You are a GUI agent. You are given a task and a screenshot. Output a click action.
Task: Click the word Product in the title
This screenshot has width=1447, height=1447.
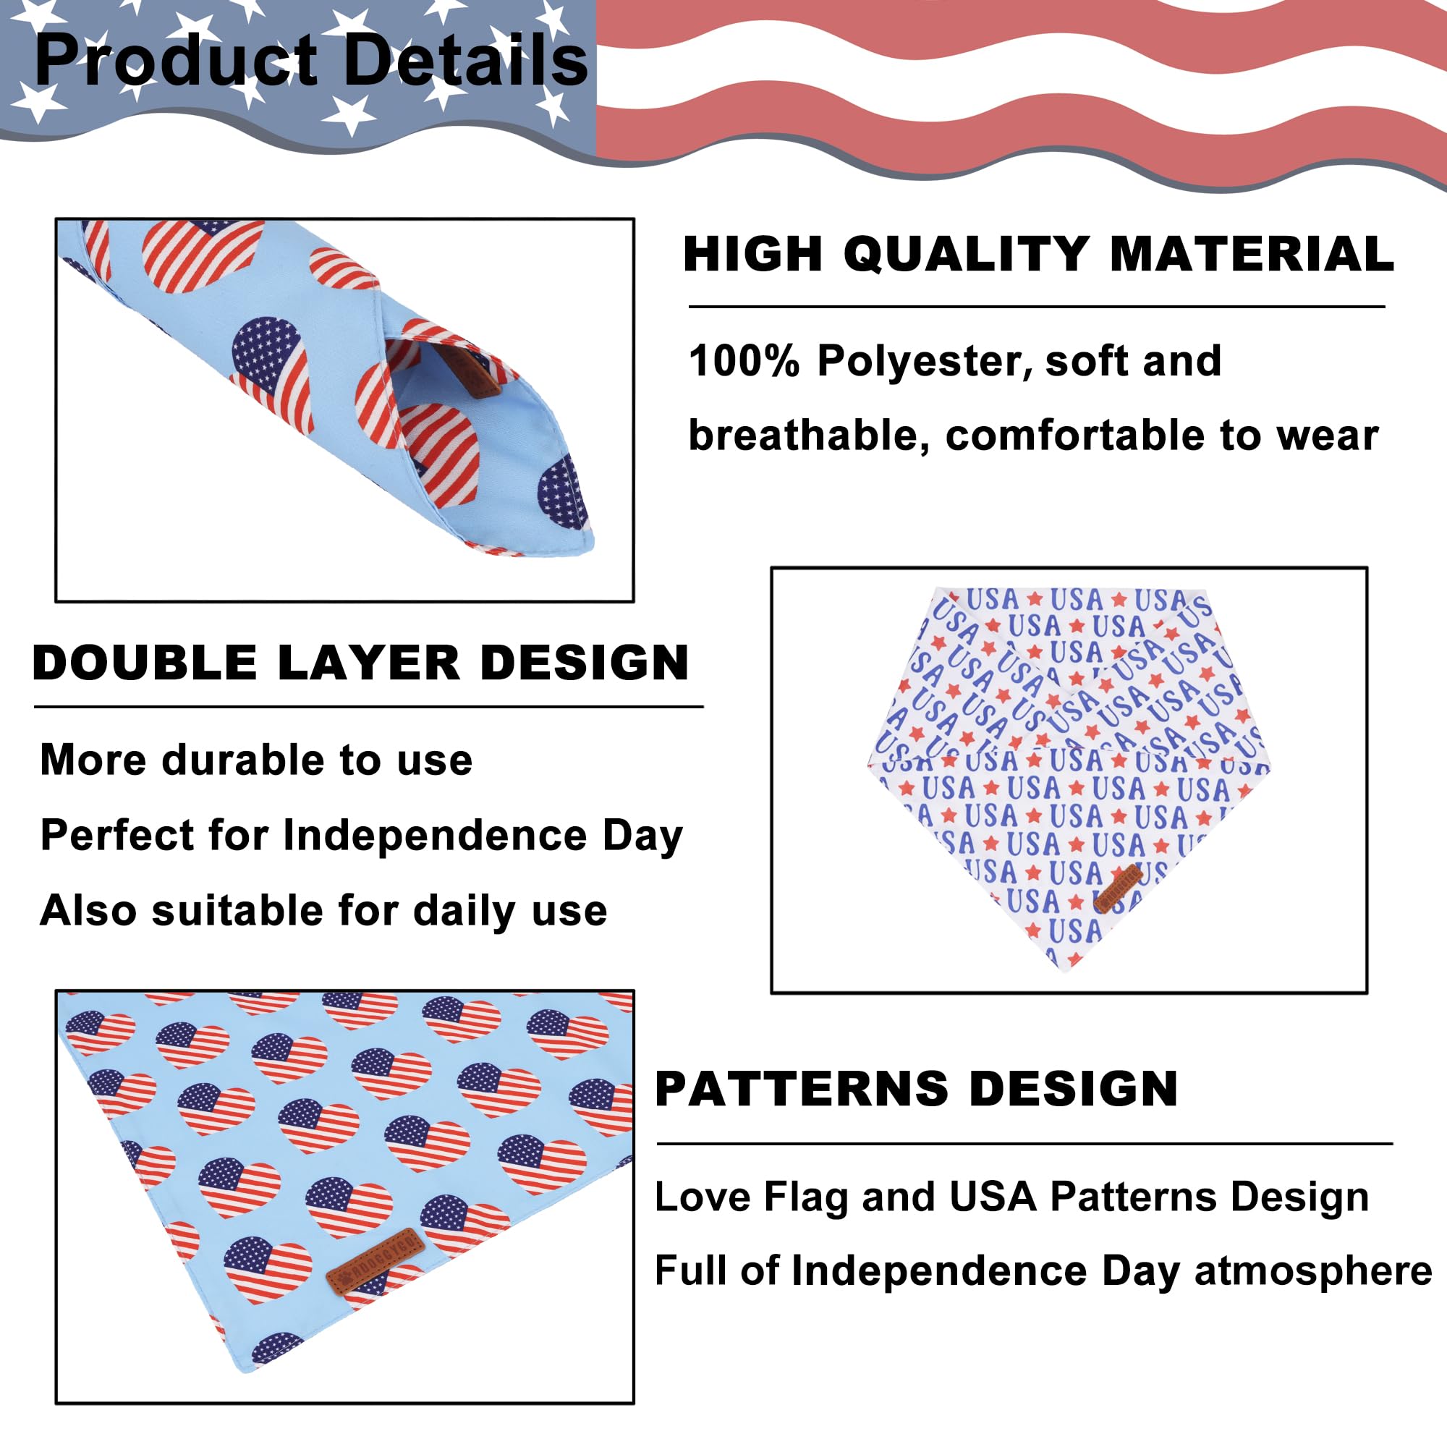click(177, 61)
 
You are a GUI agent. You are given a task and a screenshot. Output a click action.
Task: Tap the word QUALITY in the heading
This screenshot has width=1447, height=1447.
click(967, 254)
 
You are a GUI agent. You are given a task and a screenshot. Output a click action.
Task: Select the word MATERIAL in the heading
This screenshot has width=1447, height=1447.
click(1252, 254)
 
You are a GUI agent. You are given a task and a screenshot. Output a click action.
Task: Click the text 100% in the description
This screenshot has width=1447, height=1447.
click(744, 361)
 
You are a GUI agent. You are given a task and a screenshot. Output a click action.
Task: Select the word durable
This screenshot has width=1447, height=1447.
click(243, 760)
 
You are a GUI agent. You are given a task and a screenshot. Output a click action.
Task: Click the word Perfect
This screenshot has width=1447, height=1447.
click(116, 834)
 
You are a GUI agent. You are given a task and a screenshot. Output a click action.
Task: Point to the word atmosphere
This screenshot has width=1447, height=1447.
click(1313, 1271)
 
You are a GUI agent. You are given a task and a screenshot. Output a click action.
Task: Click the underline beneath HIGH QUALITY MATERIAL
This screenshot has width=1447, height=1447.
click(1037, 307)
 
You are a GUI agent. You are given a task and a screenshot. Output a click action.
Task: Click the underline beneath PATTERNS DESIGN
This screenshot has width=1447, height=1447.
click(1024, 1144)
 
